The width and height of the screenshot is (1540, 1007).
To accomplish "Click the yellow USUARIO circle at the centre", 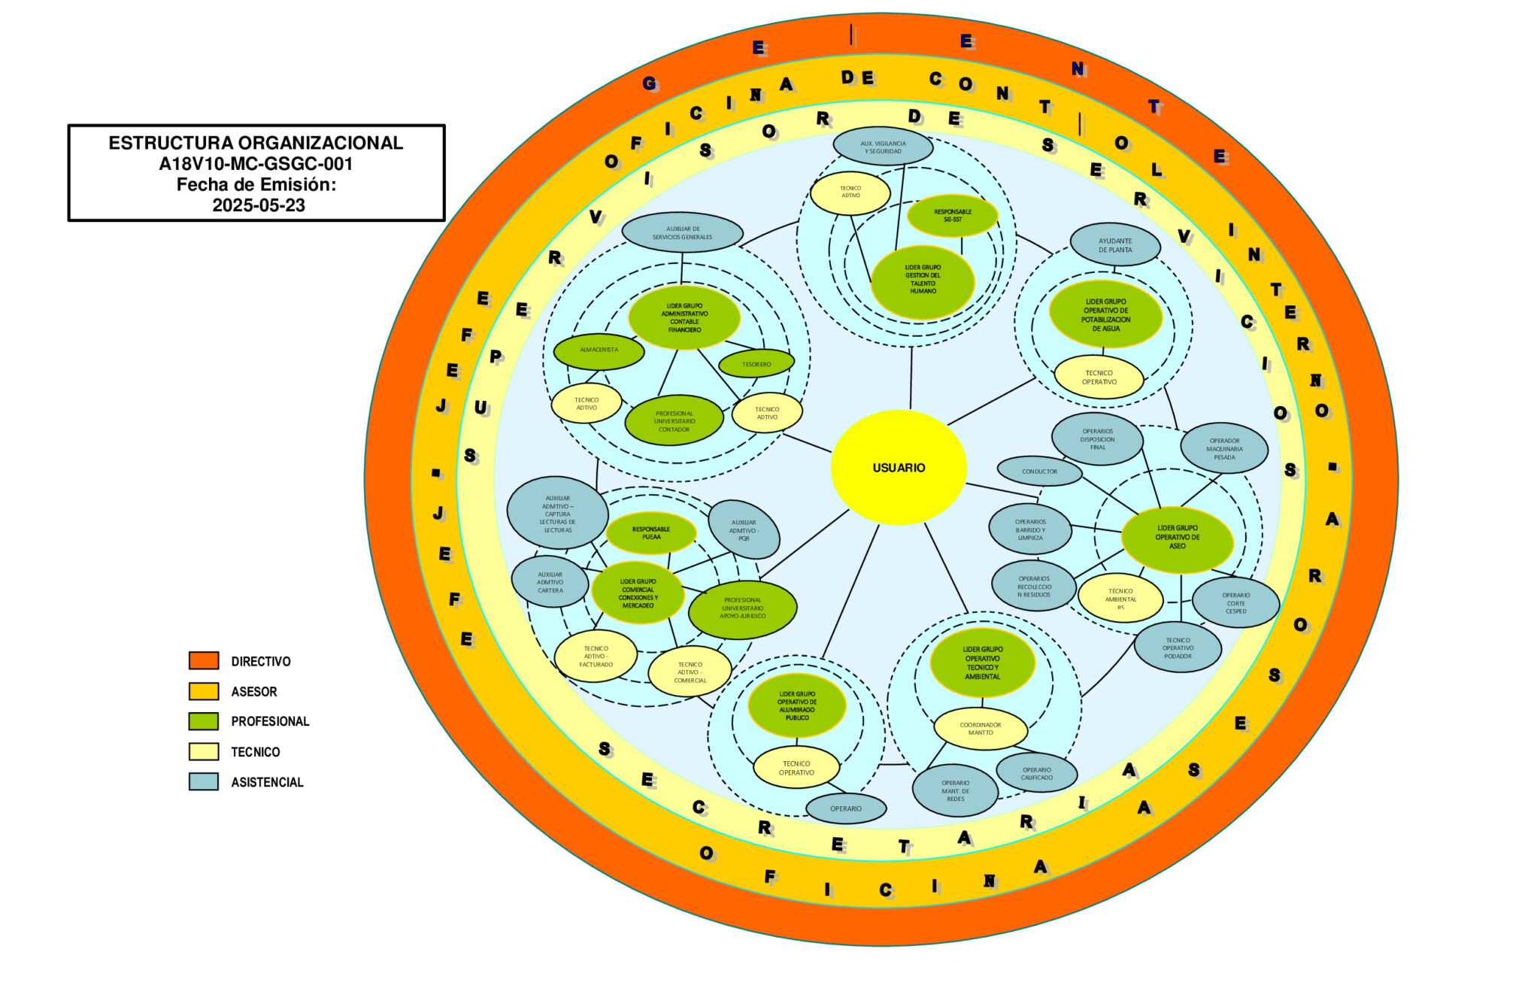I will click(899, 467).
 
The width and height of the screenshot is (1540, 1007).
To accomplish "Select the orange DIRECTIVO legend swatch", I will click(204, 661).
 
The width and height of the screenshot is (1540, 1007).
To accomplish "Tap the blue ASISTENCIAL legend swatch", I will click(204, 782).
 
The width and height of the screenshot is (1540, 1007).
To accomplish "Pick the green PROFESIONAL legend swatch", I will click(204, 721).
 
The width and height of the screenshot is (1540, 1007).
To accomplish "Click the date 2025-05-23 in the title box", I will click(259, 205).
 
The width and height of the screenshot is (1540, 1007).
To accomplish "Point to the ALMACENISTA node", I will click(599, 350).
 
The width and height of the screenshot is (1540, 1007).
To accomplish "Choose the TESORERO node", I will click(756, 364).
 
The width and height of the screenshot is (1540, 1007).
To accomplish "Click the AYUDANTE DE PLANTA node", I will click(1114, 245).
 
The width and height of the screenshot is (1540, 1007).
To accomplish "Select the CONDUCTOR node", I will click(1039, 472).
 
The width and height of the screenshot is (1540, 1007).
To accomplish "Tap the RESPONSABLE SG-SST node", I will click(952, 216).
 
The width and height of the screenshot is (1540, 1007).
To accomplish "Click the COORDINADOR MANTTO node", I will click(980, 729).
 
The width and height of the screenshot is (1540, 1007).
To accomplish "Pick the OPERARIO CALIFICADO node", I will click(1036, 773).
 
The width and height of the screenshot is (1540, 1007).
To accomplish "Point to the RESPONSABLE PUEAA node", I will click(651, 533).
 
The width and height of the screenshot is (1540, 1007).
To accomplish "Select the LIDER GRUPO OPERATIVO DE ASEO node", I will click(1177, 538).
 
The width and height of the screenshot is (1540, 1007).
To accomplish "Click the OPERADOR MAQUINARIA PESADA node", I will click(1224, 449).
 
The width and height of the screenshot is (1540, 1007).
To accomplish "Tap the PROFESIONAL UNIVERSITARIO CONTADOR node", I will click(674, 421).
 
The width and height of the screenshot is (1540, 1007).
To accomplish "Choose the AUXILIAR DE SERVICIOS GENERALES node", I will click(682, 233).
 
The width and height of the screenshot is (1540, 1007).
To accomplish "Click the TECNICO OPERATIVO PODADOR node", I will click(1178, 648).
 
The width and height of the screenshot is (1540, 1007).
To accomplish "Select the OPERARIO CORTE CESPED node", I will click(1235, 603).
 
